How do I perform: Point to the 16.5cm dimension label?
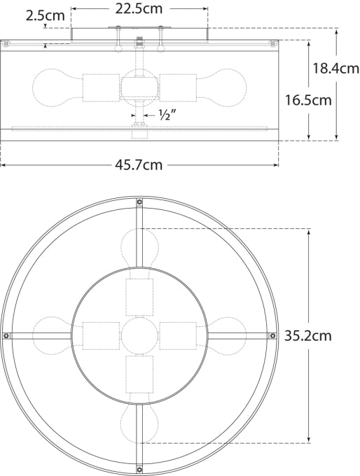[308, 100]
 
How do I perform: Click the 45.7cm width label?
[139, 165]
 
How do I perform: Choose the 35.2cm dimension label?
[308, 335]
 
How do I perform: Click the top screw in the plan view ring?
[139, 202]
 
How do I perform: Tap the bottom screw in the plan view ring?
[139, 469]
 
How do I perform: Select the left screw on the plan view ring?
[6, 335]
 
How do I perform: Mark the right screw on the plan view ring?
[273, 335]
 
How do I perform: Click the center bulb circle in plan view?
[139, 335]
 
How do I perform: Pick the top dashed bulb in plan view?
[139, 246]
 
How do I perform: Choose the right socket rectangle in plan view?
[179, 335]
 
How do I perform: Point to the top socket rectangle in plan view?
[139, 297]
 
